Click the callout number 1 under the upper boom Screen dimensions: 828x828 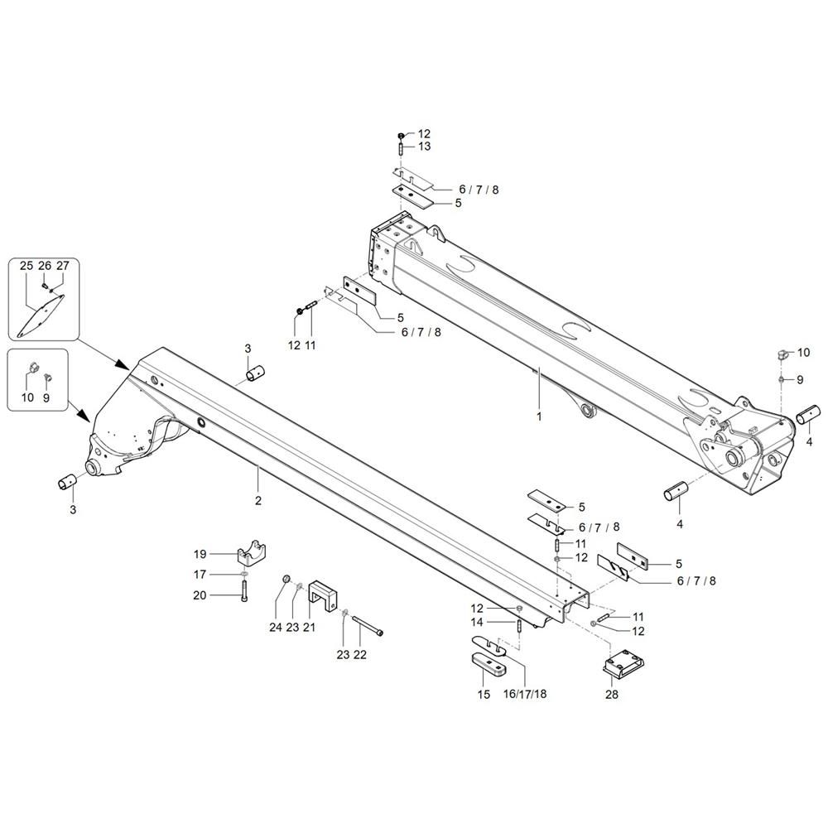(x=539, y=416)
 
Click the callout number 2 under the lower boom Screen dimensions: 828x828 (x=258, y=500)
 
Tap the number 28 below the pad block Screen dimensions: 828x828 (x=612, y=695)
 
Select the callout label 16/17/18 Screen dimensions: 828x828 (x=525, y=694)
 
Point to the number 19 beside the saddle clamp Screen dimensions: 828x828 (x=200, y=554)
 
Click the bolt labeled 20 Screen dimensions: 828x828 (x=243, y=591)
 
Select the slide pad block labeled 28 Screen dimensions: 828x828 (x=623, y=662)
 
